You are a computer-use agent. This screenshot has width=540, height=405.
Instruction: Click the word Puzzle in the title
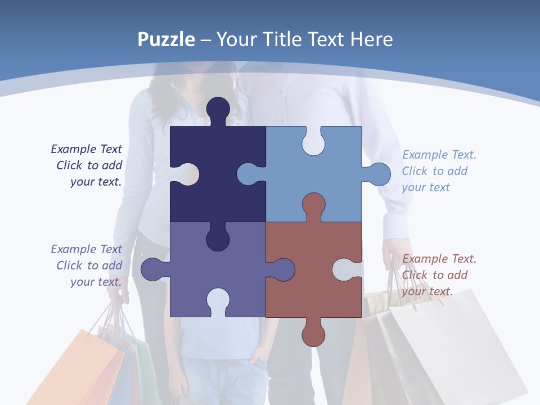(166, 39)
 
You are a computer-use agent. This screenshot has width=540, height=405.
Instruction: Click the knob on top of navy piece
(218, 110)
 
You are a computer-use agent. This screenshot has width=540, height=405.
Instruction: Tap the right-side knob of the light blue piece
(380, 174)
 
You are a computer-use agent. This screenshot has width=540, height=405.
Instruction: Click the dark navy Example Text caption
(88, 165)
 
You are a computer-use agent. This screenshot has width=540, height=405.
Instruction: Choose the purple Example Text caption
(88, 265)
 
